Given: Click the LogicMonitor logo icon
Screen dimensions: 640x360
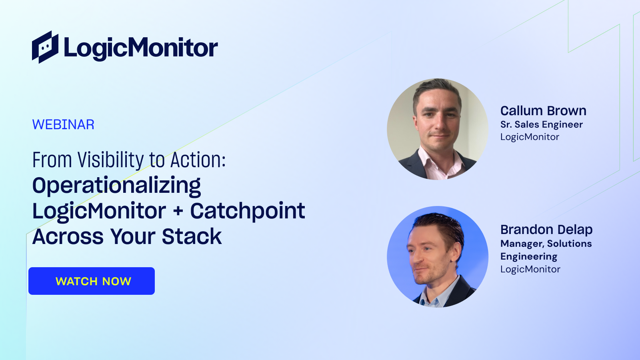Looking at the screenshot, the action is (x=45, y=47).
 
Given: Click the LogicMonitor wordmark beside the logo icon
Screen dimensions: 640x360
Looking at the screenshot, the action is (x=141, y=48).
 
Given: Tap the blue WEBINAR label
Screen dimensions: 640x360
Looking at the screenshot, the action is (x=63, y=124).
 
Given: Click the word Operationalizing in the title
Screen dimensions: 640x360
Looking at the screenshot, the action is (x=116, y=186).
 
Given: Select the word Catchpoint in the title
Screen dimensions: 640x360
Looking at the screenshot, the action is (x=248, y=212).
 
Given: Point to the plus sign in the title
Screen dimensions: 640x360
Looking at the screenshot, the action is (x=178, y=212).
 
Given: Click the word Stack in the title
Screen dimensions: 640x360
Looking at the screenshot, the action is (x=192, y=236).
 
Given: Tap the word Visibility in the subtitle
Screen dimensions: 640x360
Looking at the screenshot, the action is (x=110, y=160).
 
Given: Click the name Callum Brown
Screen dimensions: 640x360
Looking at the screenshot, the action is (x=544, y=110).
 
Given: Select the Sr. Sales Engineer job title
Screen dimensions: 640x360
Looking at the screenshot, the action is (x=542, y=124).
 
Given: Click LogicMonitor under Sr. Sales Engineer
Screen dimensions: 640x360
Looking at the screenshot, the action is (x=530, y=137).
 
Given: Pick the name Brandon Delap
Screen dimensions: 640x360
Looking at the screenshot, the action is (x=546, y=230).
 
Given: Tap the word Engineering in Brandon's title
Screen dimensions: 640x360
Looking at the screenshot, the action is (x=529, y=256).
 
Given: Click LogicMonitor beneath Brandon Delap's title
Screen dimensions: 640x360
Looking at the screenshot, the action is (x=530, y=269).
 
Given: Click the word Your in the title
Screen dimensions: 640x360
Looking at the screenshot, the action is (x=133, y=236).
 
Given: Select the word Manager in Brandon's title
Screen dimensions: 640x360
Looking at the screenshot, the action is (x=522, y=244).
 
